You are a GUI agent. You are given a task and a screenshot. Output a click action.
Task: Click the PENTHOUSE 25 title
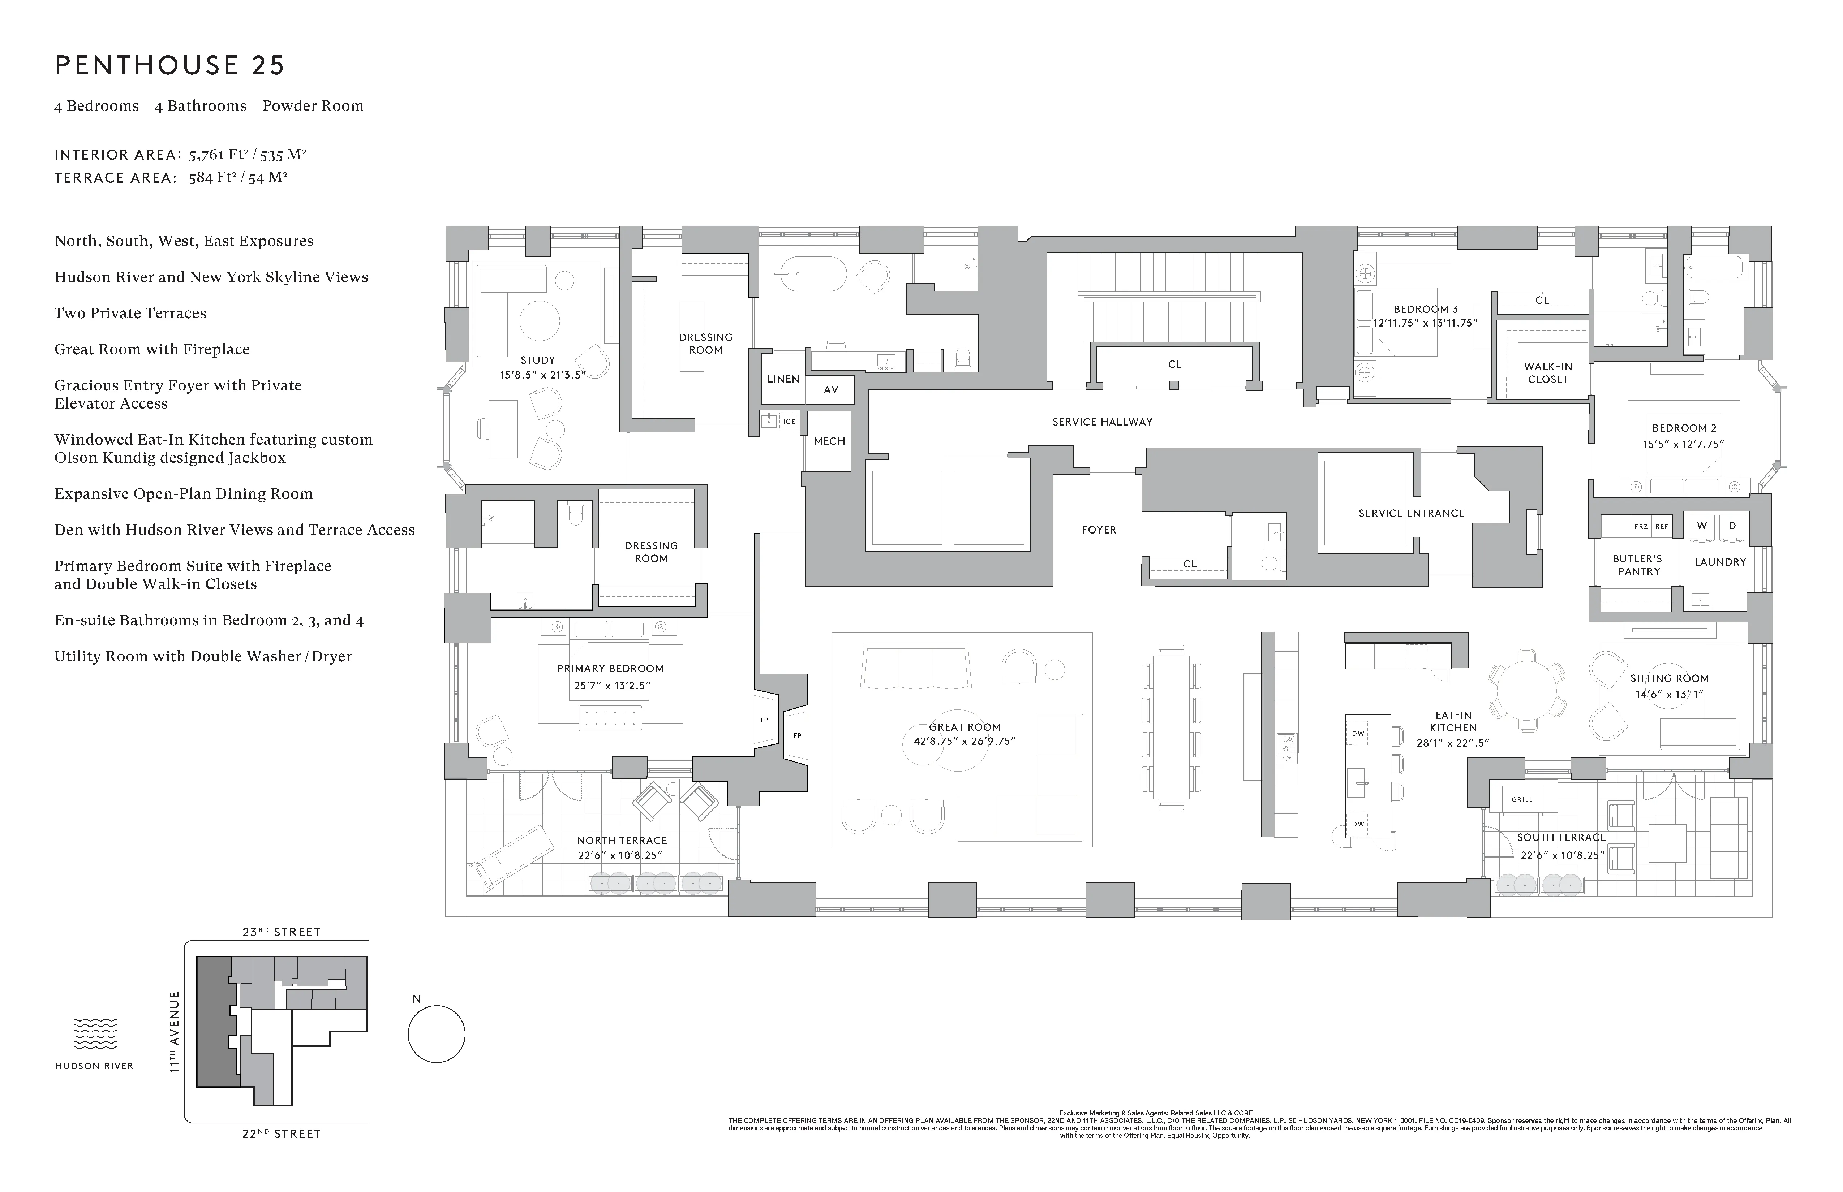click(x=169, y=65)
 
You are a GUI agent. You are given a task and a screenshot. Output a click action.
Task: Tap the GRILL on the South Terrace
click(x=1522, y=800)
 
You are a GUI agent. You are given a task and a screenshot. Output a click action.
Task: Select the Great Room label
click(x=964, y=727)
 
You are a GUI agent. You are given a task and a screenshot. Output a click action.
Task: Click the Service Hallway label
click(x=1102, y=422)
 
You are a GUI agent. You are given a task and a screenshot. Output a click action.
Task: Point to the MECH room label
click(x=829, y=441)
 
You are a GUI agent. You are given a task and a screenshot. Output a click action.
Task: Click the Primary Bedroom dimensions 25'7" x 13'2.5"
click(x=611, y=685)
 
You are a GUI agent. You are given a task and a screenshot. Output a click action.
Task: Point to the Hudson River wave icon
click(x=95, y=1033)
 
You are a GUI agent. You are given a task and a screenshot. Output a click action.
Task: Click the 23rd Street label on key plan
click(x=281, y=932)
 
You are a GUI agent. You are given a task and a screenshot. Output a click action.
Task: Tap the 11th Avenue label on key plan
click(x=175, y=1032)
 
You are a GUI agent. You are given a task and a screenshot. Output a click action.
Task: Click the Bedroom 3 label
click(x=1425, y=309)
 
